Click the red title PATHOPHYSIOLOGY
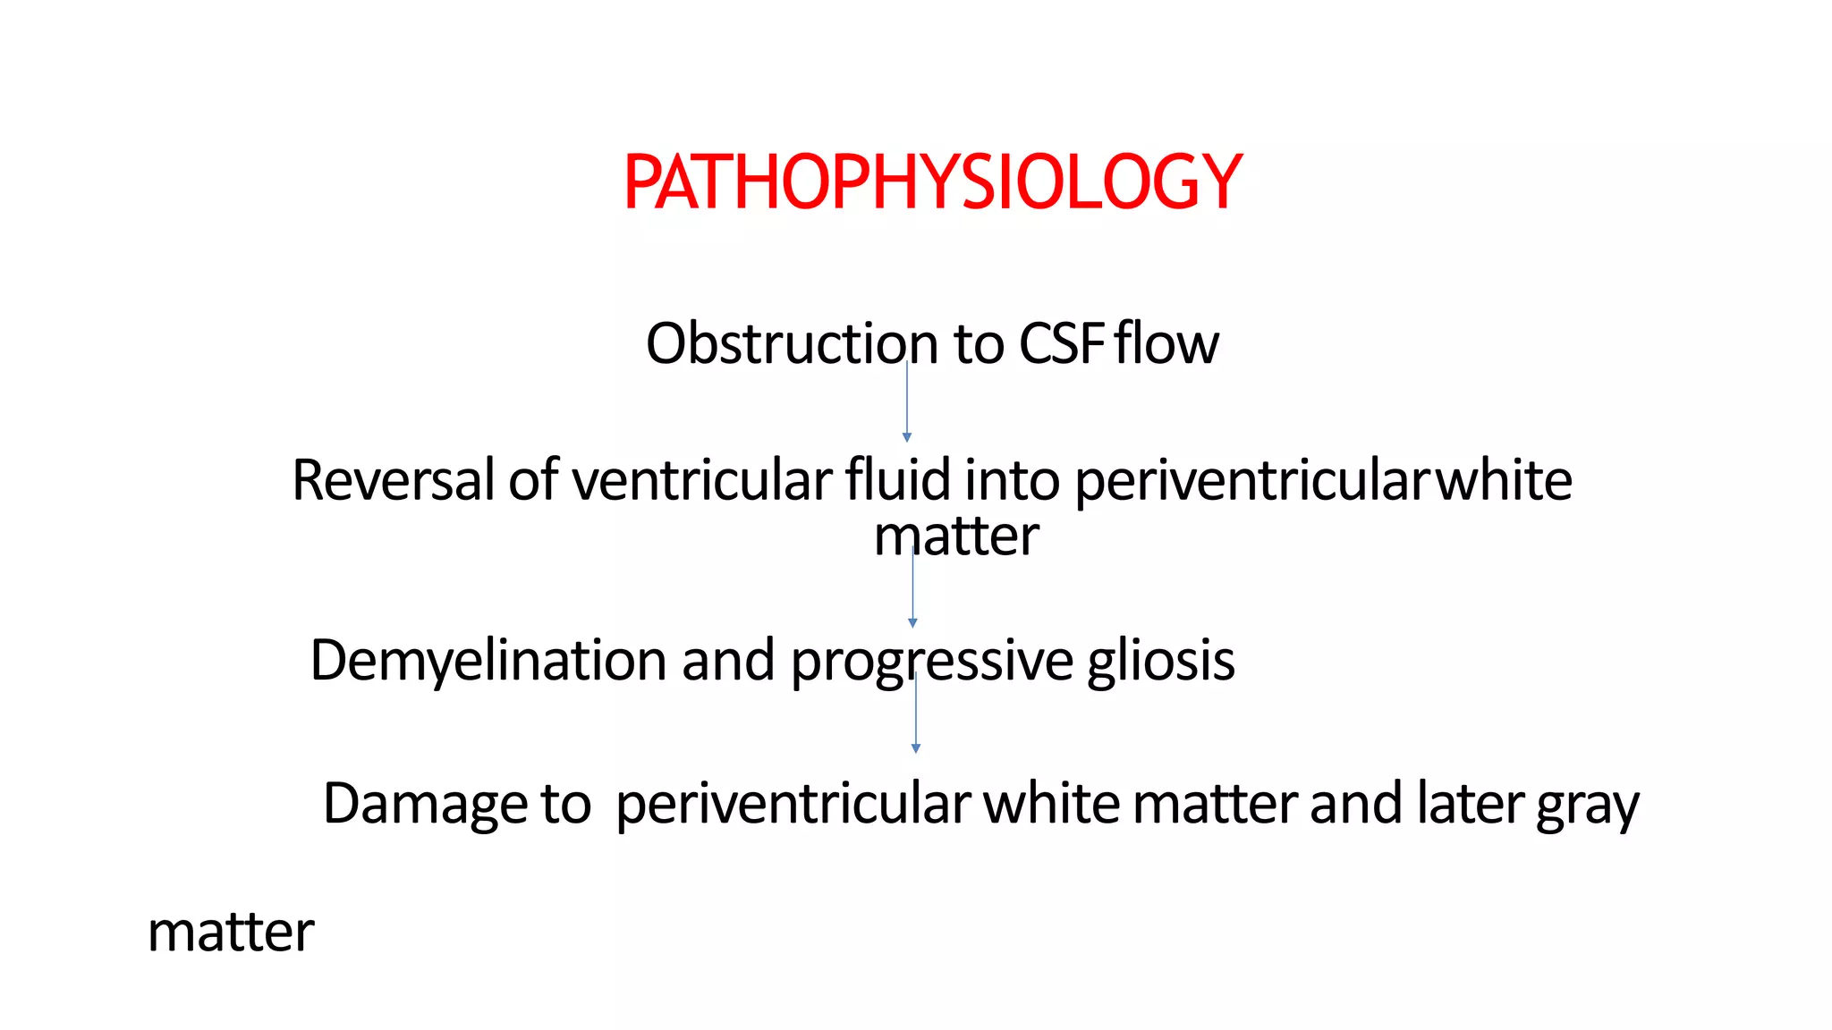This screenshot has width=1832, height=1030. pyautogui.click(x=933, y=182)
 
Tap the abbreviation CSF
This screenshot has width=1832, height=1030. pyautogui.click(x=1062, y=344)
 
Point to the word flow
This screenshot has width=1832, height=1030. pyautogui.click(x=1166, y=344)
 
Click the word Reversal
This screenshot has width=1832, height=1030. pyautogui.click(x=393, y=480)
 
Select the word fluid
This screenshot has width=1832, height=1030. pyautogui.click(x=897, y=480)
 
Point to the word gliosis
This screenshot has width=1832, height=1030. pyautogui.click(x=1161, y=661)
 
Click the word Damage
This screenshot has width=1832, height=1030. pyautogui.click(x=425, y=803)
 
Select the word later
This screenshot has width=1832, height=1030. pyautogui.click(x=1470, y=803)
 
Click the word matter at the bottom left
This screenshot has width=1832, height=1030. pyautogui.click(x=231, y=933)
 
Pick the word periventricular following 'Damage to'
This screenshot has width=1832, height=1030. pyautogui.click(x=793, y=805)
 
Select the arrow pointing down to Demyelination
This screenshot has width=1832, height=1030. pyautogui.click(x=912, y=587)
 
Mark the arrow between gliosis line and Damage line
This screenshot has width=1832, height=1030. pyautogui.click(x=915, y=713)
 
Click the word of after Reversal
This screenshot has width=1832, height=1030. pyautogui.click(x=533, y=480)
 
